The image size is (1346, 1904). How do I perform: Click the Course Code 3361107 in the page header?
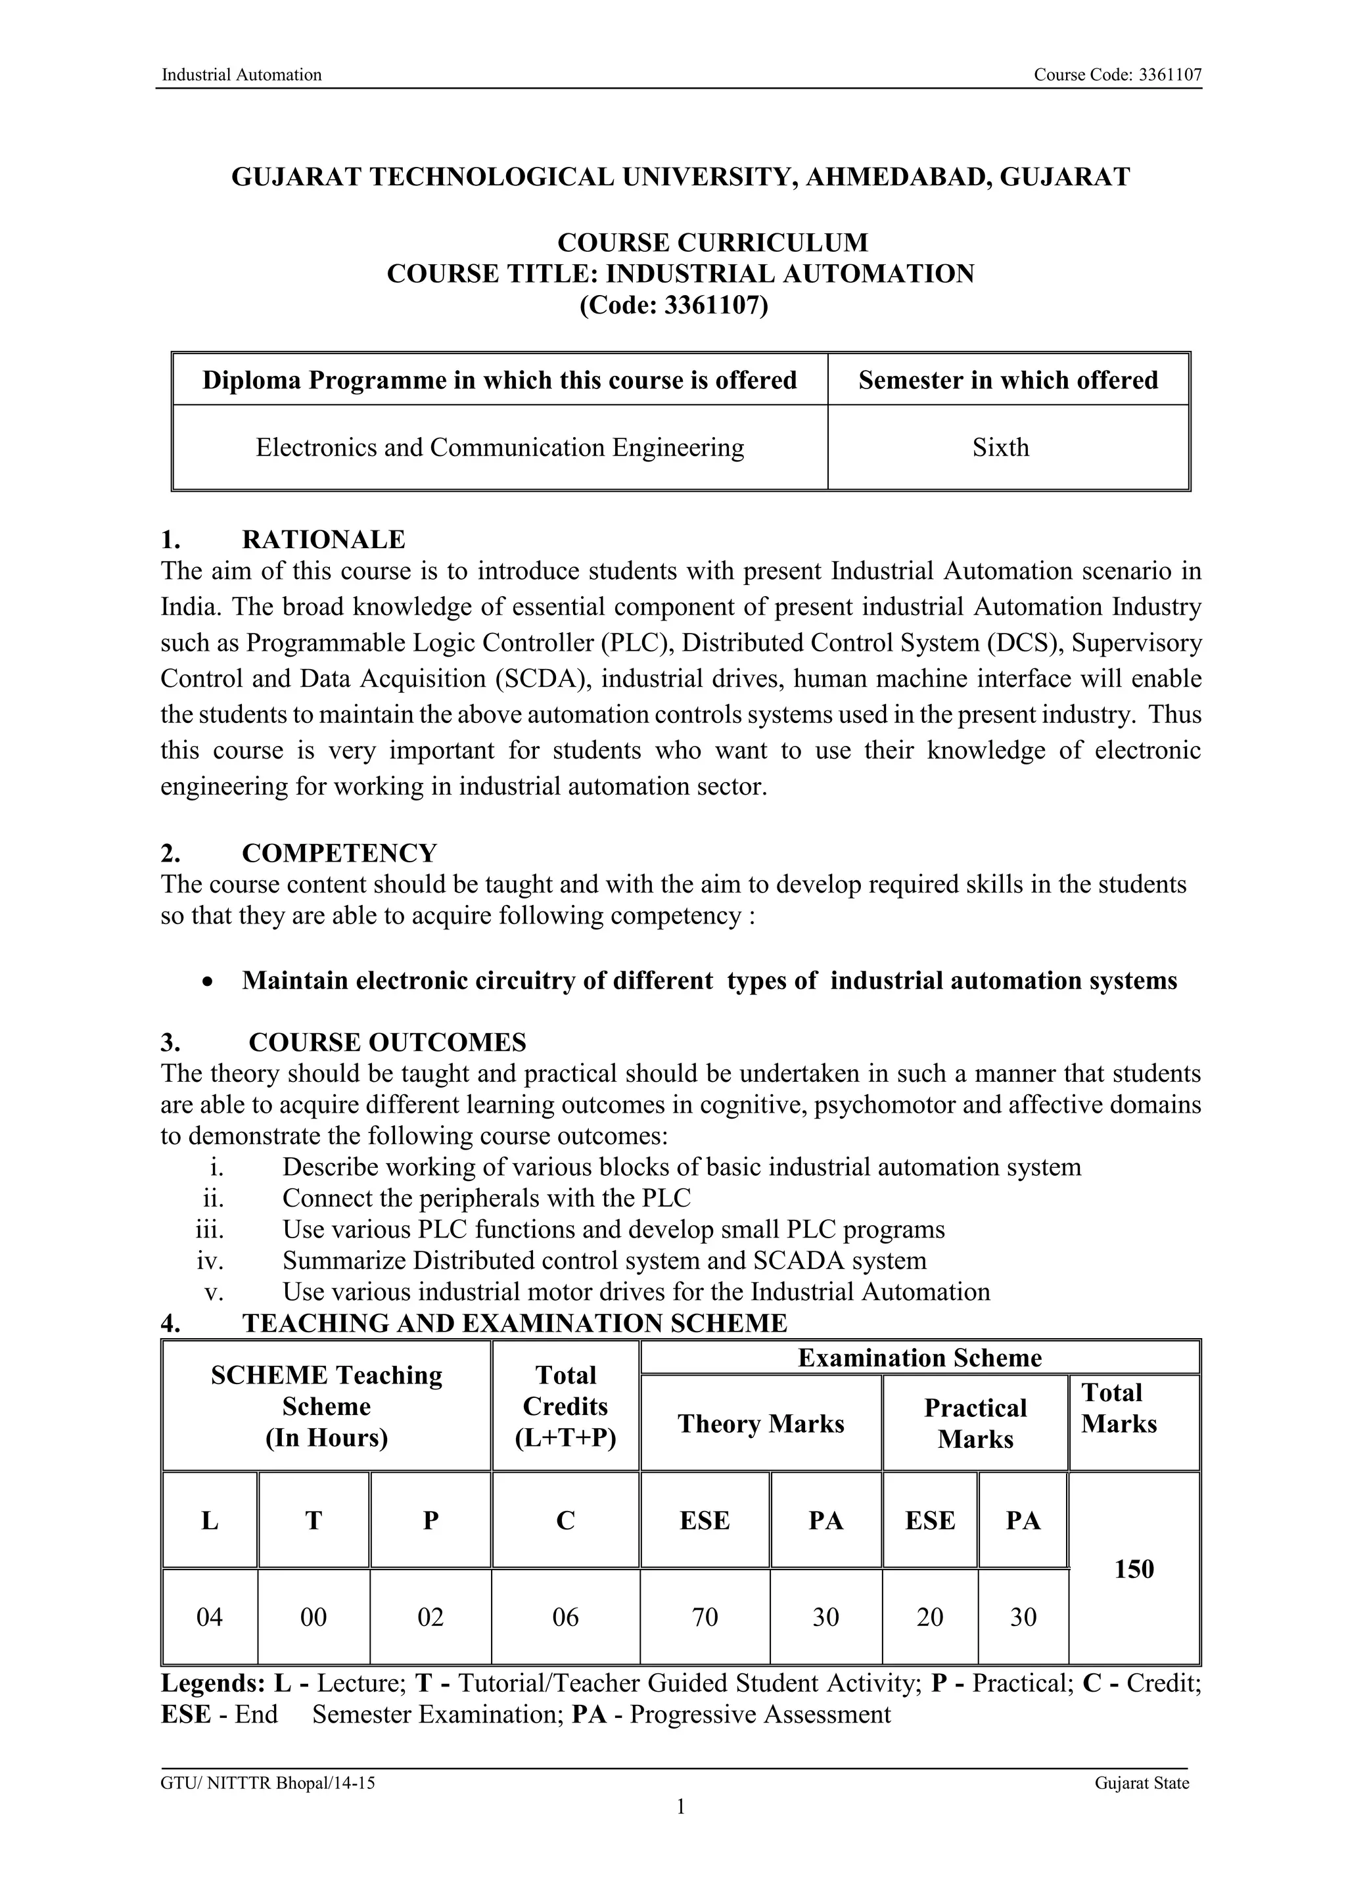(x=1117, y=76)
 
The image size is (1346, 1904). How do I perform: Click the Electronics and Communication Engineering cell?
(x=499, y=448)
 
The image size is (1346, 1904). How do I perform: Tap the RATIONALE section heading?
(x=323, y=540)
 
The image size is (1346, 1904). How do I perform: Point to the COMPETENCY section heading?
(x=338, y=853)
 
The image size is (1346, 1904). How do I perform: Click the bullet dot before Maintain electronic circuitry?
(x=208, y=982)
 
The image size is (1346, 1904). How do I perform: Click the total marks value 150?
(x=1134, y=1569)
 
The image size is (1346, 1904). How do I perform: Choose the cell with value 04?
(x=209, y=1617)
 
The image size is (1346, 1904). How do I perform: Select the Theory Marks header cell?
(x=760, y=1424)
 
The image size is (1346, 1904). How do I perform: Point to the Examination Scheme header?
(x=919, y=1358)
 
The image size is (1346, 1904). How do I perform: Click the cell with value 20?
(x=930, y=1617)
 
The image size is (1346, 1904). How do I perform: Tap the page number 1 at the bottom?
(x=680, y=1806)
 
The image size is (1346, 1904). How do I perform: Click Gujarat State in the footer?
(x=1141, y=1783)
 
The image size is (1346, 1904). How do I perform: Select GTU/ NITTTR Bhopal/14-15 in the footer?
(x=267, y=1783)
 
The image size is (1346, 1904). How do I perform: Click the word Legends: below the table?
(x=212, y=1683)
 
